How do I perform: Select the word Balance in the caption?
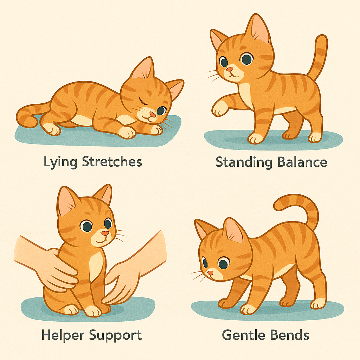[302, 162]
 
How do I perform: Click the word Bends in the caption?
[291, 335]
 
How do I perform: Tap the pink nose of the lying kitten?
[152, 115]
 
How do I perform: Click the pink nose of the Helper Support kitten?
[104, 233]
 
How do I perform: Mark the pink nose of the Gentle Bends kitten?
[210, 273]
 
